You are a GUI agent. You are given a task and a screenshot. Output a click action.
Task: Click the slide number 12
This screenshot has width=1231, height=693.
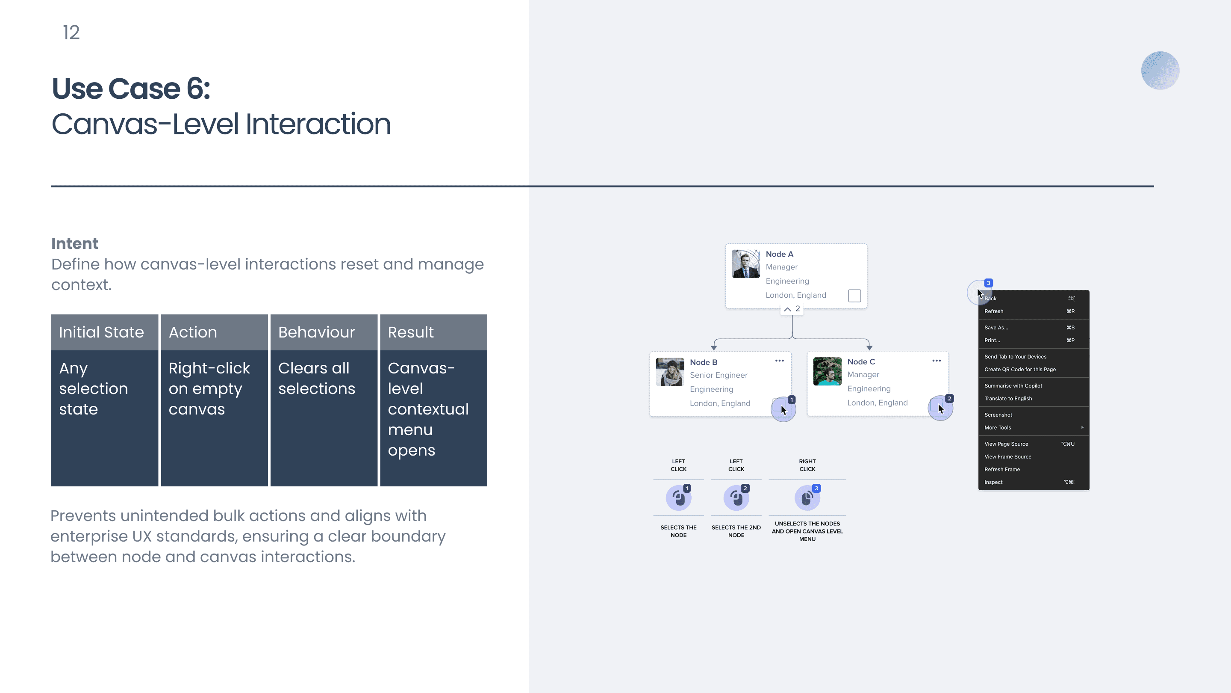point(71,33)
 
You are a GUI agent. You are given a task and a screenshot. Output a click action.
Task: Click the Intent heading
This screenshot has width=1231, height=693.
point(74,243)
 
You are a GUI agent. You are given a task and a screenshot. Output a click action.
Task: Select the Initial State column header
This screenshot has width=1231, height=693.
point(105,332)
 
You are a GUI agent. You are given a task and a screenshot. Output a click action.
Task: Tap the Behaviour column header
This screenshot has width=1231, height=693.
point(324,332)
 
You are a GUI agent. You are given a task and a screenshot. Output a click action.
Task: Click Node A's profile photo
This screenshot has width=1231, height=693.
point(746,264)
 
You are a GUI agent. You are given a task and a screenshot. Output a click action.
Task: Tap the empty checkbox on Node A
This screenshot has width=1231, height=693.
point(854,296)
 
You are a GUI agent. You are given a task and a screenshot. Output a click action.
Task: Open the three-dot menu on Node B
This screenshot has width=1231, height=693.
point(779,361)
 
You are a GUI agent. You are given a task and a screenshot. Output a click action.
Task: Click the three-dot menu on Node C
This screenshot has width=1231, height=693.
point(937,361)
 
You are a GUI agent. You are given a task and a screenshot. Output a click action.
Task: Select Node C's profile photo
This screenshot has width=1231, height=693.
point(827,371)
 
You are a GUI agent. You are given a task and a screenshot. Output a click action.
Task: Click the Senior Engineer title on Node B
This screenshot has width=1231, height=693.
point(719,375)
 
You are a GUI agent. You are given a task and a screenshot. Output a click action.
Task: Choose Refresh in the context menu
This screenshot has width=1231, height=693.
point(994,311)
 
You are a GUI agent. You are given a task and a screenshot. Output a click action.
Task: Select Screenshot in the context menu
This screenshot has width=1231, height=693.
point(998,415)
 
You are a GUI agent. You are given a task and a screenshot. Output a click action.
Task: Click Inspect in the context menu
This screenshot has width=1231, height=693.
point(993,482)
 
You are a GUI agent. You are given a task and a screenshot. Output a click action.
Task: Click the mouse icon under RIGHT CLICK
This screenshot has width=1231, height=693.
point(807,498)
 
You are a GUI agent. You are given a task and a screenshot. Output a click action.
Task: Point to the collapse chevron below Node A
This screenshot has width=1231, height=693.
point(787,309)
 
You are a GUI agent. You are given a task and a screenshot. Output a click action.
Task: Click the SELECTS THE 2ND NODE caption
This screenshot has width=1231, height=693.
point(736,531)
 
